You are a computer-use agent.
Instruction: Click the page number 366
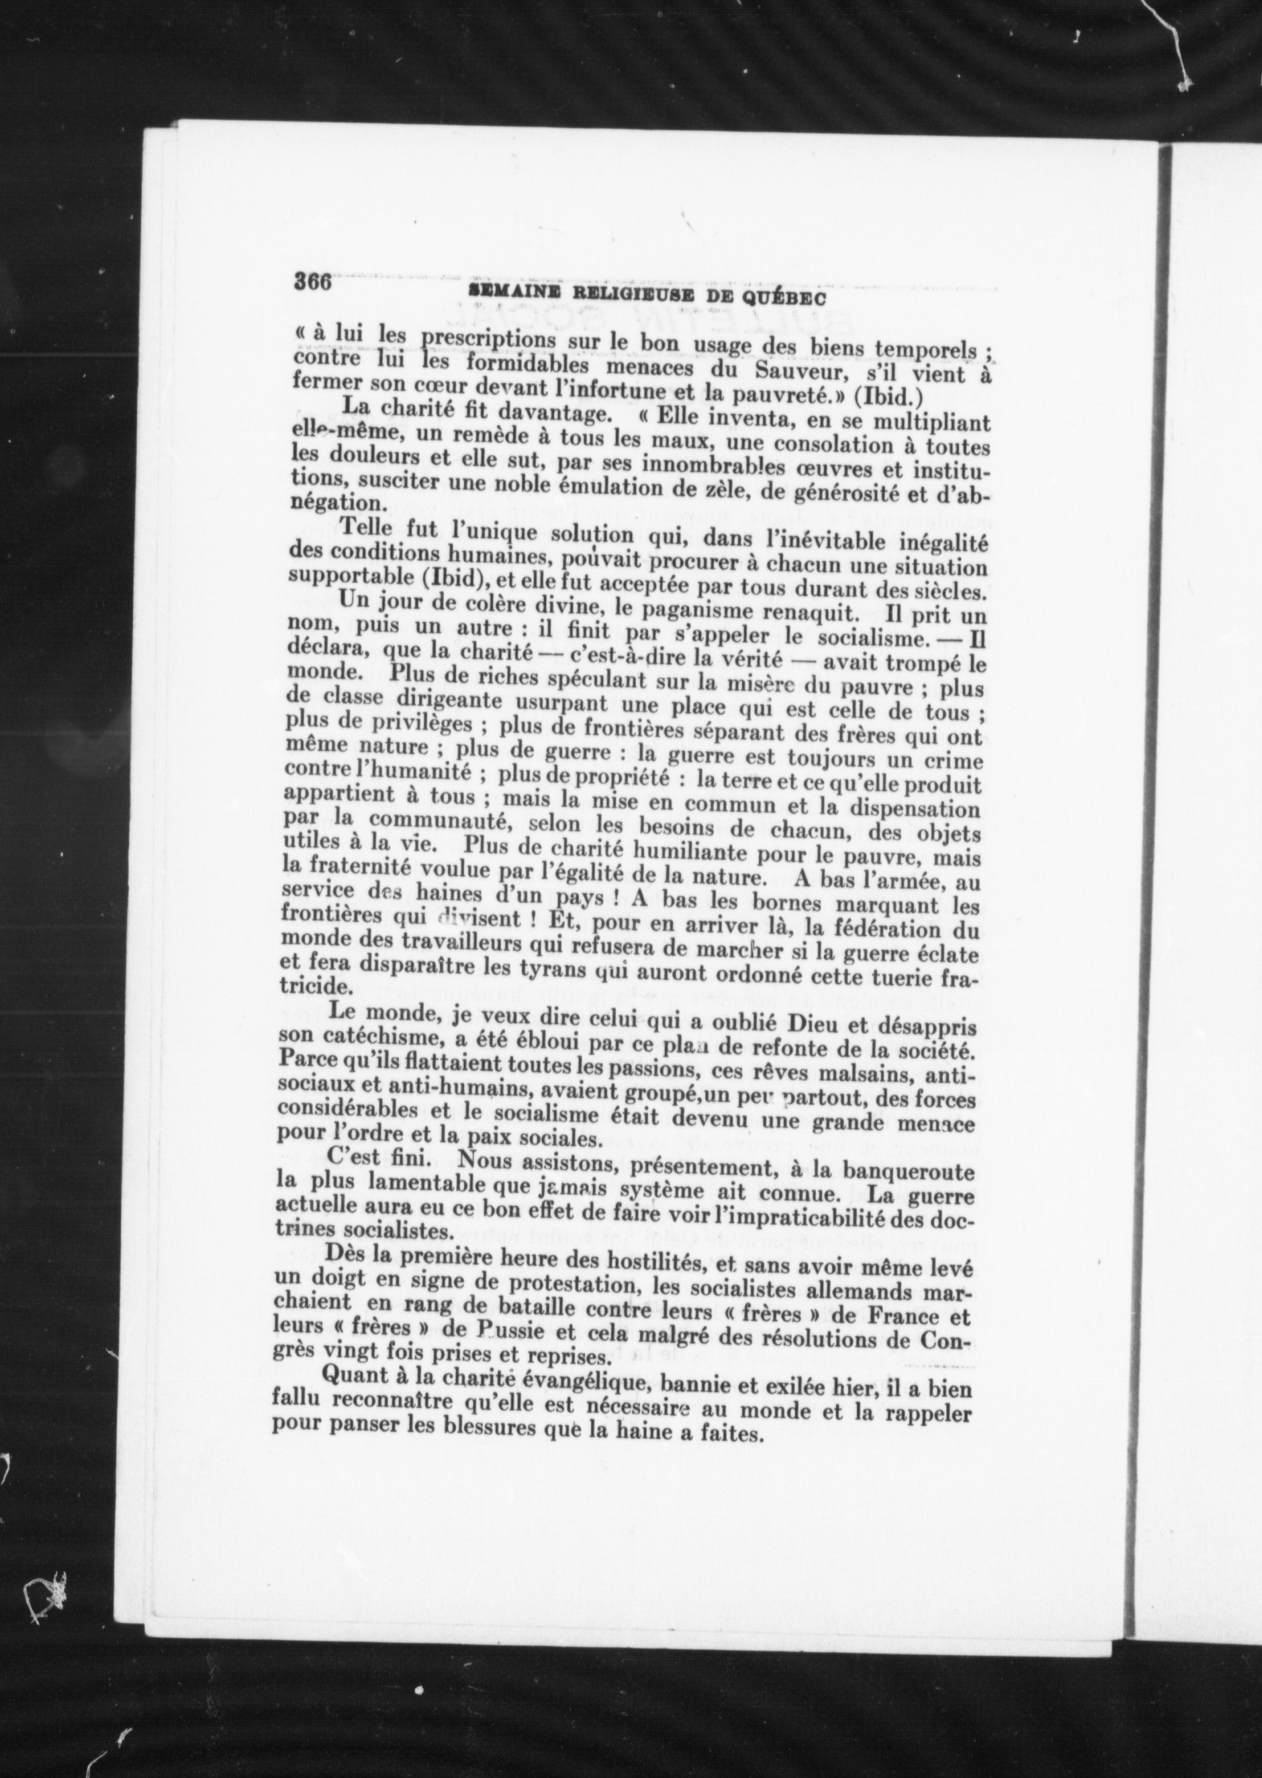coord(313,281)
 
